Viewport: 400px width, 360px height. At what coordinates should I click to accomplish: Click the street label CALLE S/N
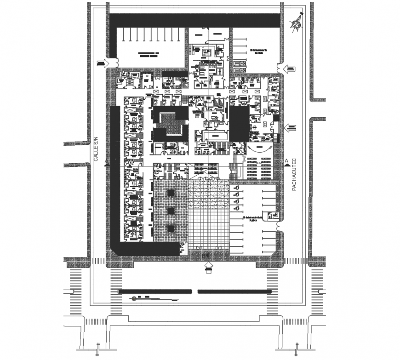click(97, 150)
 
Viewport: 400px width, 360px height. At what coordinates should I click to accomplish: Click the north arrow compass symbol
click(297, 22)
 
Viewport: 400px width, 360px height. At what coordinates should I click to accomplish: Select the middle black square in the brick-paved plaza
click(171, 211)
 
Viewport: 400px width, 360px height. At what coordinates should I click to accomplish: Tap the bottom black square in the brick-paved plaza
click(171, 228)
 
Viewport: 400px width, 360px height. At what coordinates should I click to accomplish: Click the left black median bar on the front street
click(155, 291)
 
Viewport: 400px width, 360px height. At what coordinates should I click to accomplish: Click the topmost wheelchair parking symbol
click(235, 188)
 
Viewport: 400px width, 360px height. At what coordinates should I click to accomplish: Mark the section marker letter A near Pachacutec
click(286, 160)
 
